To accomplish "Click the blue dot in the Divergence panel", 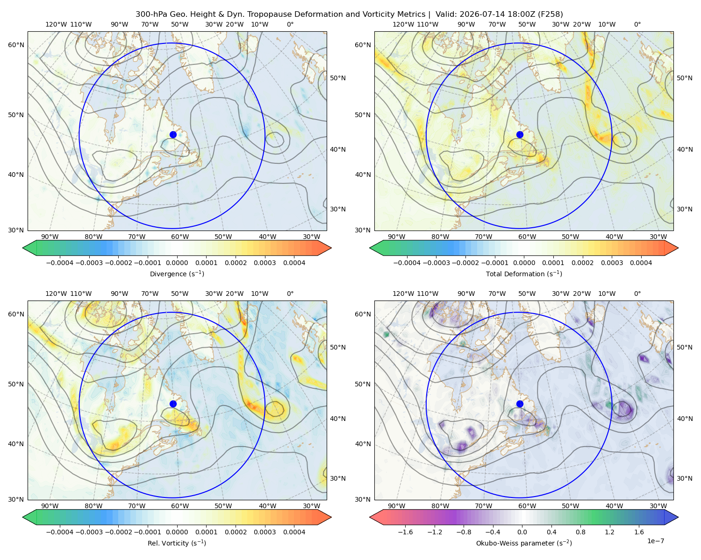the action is pyautogui.click(x=173, y=135).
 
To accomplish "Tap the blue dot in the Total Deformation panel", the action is pyautogui.click(x=520, y=135).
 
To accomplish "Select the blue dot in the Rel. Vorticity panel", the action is pyautogui.click(x=173, y=404).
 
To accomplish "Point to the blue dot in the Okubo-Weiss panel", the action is pyautogui.click(x=520, y=404).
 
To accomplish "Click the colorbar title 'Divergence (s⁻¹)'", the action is pyautogui.click(x=177, y=273).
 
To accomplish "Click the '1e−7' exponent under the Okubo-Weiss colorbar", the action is pyautogui.click(x=655, y=541).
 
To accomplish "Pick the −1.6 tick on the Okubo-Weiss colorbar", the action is pyautogui.click(x=405, y=532).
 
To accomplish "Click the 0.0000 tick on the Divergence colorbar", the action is pyautogui.click(x=177, y=263).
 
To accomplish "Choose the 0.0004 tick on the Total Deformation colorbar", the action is pyautogui.click(x=641, y=263).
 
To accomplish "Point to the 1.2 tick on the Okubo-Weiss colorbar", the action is pyautogui.click(x=610, y=532).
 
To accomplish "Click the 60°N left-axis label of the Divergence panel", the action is pyautogui.click(x=16, y=45).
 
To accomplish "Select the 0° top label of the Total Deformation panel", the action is pyautogui.click(x=637, y=24).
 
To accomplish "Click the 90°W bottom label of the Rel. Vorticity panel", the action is pyautogui.click(x=50, y=506).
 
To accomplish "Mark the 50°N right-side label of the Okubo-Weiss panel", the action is pyautogui.click(x=684, y=347).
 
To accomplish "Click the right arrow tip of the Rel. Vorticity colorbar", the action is pyautogui.click(x=331, y=518).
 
